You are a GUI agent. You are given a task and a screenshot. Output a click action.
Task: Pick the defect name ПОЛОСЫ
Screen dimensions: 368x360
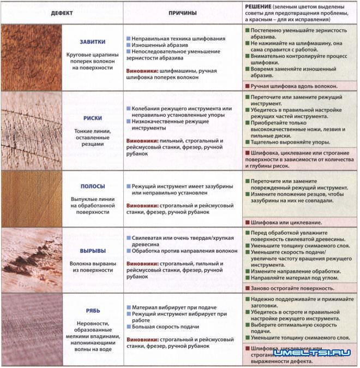[92, 186]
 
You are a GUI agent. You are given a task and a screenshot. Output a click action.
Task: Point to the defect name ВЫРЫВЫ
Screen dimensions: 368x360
[92, 251]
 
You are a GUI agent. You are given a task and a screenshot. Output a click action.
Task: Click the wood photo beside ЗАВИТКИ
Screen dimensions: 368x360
[31, 57]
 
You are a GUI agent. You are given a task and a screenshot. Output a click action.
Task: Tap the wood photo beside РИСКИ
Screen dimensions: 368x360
[31, 130]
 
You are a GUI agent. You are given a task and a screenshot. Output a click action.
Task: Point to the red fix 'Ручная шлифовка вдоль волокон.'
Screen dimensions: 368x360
[294, 86]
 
